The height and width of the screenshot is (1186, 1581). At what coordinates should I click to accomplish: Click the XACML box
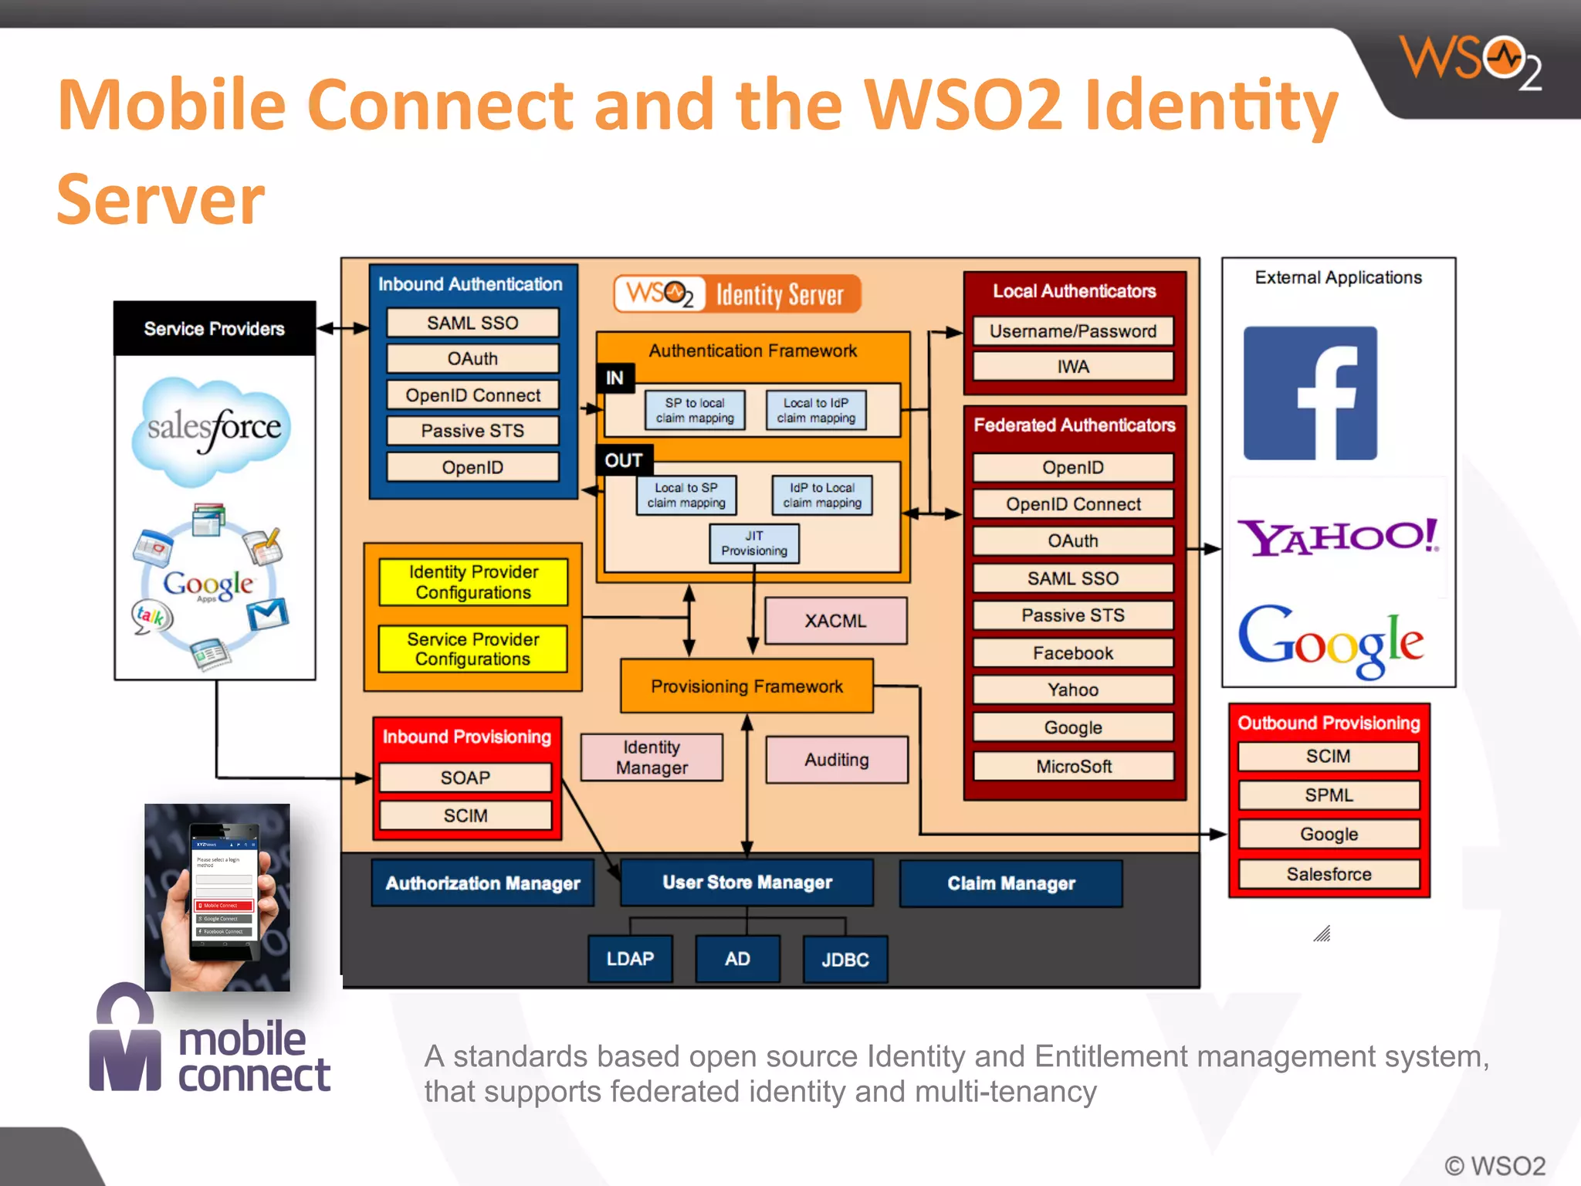point(835,621)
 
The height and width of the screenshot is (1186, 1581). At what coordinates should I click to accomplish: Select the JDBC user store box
point(845,959)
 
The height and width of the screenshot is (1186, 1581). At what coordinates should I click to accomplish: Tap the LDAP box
point(630,958)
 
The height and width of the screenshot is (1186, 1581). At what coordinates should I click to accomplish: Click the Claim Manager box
point(1011,883)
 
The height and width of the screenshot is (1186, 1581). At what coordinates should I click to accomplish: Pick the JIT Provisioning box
point(754,544)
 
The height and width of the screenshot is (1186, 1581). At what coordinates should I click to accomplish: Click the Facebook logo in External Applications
point(1310,393)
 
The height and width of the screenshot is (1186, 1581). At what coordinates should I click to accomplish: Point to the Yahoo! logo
point(1338,537)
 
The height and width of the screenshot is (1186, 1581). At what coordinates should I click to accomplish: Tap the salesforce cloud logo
point(213,429)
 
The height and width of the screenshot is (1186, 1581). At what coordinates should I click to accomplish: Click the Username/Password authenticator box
point(1072,331)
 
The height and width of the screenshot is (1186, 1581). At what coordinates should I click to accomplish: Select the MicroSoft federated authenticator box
point(1073,766)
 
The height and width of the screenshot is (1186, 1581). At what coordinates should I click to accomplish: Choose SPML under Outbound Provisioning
point(1328,795)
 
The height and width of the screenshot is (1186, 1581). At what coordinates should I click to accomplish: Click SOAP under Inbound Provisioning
point(465,778)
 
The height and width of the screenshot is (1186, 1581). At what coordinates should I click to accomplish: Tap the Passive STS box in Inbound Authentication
point(472,431)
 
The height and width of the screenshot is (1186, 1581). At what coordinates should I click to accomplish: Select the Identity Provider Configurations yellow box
point(473,582)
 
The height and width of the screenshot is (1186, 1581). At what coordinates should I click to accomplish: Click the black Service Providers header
point(214,328)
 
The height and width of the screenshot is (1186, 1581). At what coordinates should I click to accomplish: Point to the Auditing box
point(836,760)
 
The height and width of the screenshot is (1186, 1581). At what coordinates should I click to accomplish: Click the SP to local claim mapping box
point(695,410)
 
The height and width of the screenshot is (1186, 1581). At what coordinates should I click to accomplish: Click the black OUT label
point(623,460)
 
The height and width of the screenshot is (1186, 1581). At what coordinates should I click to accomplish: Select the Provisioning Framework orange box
point(746,686)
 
